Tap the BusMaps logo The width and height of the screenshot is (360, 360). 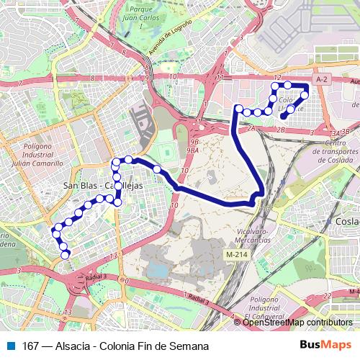pos(326,345)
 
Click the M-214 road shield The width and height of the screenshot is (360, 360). pos(235,255)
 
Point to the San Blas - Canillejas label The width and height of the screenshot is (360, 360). pos(103,186)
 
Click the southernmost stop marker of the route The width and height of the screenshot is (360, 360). pos(66,255)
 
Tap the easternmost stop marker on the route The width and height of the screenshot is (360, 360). pos(306,94)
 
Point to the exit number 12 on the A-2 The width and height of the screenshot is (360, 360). pos(276,76)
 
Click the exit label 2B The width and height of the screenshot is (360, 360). pos(282,130)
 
